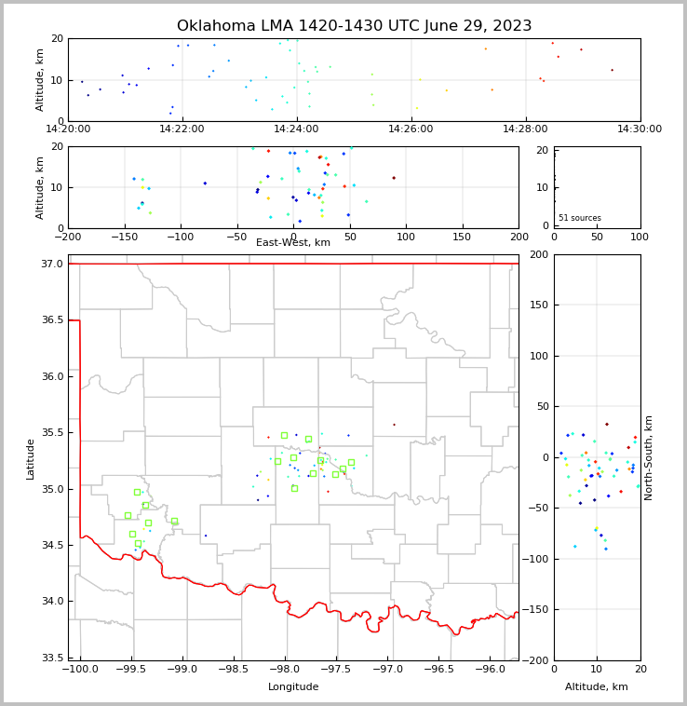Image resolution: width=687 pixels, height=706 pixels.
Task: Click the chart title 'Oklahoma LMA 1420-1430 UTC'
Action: click(354, 26)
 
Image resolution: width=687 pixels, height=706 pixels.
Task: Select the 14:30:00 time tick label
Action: click(640, 129)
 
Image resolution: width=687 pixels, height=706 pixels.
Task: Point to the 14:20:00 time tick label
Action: click(68, 129)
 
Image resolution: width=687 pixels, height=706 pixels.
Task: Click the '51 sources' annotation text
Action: click(579, 218)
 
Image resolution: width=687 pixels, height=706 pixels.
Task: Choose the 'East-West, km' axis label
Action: click(293, 243)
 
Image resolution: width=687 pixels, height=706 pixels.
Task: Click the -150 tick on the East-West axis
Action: click(124, 237)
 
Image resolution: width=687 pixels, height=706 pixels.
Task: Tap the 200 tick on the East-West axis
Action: click(519, 237)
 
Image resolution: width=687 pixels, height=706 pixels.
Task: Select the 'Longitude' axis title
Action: click(293, 686)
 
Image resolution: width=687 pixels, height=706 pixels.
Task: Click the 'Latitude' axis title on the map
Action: click(31, 458)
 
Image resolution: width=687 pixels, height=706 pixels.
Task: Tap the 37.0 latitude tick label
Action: click(53, 265)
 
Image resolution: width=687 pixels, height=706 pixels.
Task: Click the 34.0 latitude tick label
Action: click(53, 602)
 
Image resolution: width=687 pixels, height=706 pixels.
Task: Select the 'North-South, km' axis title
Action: click(649, 458)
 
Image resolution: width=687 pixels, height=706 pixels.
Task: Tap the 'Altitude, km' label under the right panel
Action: click(597, 686)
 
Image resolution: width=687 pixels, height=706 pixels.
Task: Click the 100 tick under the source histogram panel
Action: click(640, 237)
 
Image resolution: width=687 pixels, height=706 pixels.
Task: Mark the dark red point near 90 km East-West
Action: click(394, 178)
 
